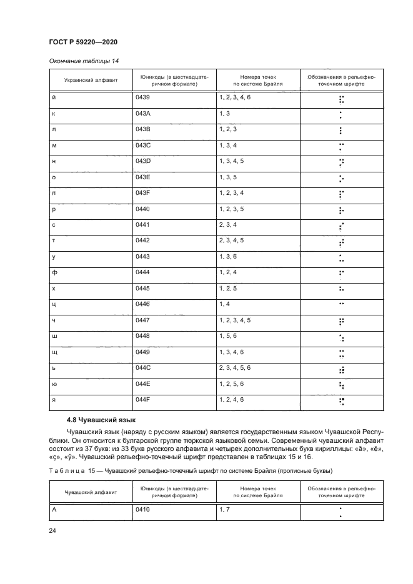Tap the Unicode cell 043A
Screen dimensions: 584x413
click(143, 114)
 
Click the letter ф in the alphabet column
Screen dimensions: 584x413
click(54, 272)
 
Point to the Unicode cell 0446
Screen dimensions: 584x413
click(142, 304)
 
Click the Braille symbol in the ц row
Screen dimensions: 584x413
click(341, 304)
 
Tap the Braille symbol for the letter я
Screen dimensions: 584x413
click(341, 402)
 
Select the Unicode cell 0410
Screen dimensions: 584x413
click(142, 510)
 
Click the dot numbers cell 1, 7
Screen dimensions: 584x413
click(225, 510)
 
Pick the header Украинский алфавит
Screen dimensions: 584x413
click(87, 82)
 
